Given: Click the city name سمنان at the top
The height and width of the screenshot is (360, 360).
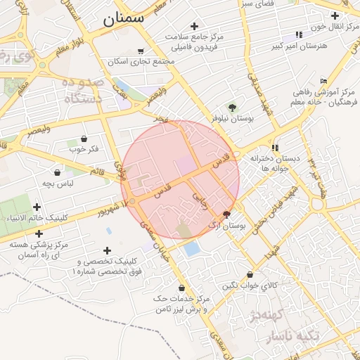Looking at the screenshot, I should tap(123, 19).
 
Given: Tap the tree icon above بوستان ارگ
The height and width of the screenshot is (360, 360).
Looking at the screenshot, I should tap(226, 214).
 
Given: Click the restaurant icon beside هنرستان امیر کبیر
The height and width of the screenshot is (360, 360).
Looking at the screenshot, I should tap(300, 34).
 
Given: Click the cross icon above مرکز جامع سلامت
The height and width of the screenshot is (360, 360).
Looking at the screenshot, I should tap(194, 25).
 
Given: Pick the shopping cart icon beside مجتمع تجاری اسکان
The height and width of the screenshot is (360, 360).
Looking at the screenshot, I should tap(141, 51).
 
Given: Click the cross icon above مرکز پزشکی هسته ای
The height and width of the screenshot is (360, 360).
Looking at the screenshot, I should tap(39, 233).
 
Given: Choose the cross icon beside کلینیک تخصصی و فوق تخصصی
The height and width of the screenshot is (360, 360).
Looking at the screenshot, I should tap(107, 250).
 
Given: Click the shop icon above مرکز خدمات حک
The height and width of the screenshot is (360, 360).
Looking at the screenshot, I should tap(182, 288).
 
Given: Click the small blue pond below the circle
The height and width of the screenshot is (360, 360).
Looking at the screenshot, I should tap(191, 249).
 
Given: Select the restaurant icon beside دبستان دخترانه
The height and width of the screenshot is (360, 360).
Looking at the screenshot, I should tap(275, 148).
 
